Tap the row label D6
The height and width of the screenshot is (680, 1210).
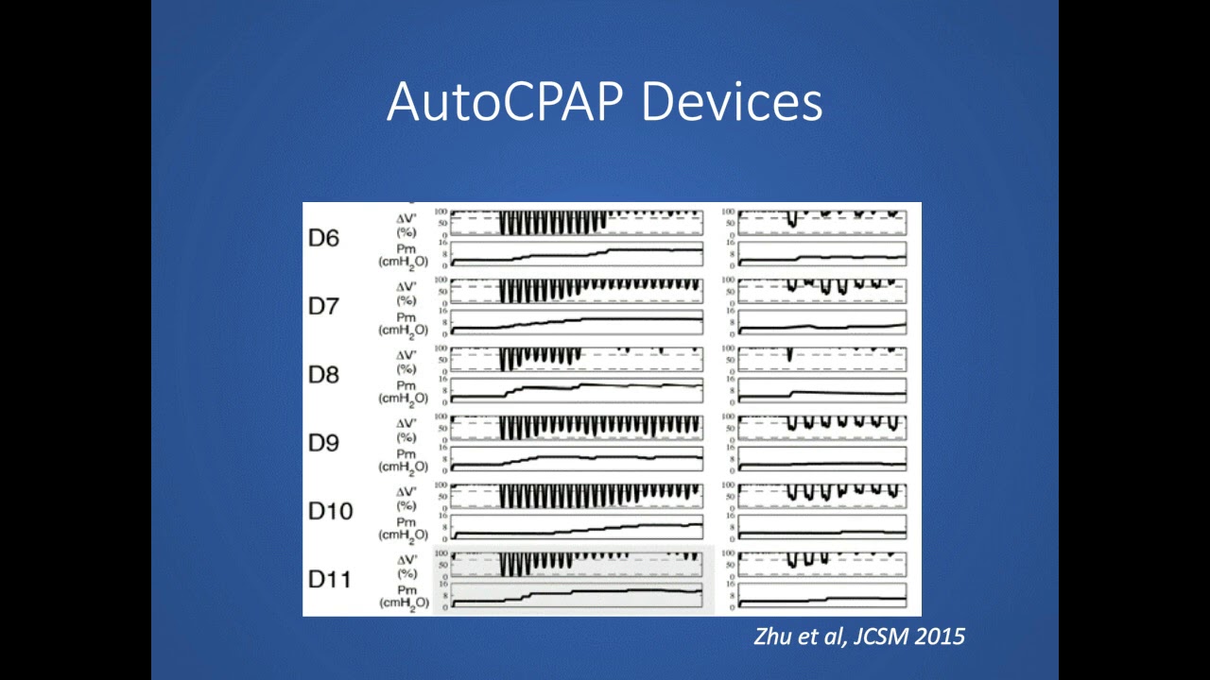tap(323, 238)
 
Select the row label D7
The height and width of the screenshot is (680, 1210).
tap(323, 306)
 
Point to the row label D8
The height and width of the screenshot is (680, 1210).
tap(323, 375)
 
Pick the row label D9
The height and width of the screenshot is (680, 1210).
tap(323, 443)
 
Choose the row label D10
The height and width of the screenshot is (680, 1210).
tap(330, 511)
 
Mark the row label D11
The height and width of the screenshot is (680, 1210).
tap(330, 579)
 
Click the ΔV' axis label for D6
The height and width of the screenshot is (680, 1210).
tap(406, 218)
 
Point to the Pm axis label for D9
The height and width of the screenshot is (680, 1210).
tap(406, 454)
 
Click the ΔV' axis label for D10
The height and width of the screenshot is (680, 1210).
tap(406, 491)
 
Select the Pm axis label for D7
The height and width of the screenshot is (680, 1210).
tap(406, 317)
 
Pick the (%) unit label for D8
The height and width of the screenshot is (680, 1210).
tap(406, 368)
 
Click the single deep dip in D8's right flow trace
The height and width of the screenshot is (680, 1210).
tap(790, 356)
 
